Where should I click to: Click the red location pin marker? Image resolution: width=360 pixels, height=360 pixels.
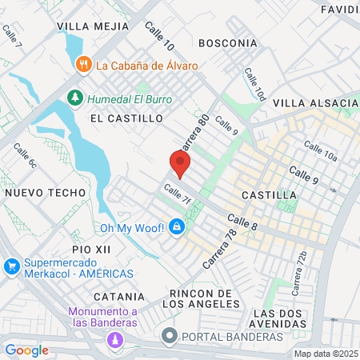(x=180, y=164)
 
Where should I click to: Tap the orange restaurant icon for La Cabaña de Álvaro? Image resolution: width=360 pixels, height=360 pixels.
(x=82, y=65)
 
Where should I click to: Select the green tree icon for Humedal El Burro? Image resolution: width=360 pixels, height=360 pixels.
(x=75, y=97)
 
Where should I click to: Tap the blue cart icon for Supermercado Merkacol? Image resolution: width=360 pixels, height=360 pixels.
(x=11, y=266)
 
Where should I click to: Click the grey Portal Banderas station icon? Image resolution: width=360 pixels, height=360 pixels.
(x=168, y=336)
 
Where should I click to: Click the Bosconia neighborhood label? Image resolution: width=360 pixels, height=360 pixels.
(x=228, y=42)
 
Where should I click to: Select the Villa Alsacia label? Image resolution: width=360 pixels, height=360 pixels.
(x=315, y=103)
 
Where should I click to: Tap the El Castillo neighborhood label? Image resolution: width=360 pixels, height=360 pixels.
(x=126, y=118)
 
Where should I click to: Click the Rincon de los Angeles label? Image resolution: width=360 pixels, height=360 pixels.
(x=202, y=298)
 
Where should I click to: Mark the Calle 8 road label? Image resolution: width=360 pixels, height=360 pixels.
(x=242, y=222)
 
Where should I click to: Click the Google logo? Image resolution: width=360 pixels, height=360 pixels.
(x=26, y=350)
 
